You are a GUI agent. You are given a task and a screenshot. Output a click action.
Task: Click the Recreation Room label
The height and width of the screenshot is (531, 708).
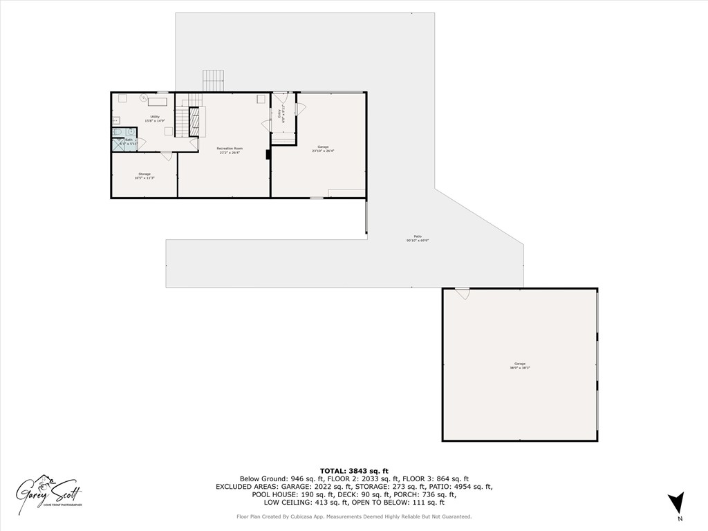point(229,149)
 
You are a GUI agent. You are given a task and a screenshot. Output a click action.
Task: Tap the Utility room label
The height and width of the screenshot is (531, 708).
point(155,118)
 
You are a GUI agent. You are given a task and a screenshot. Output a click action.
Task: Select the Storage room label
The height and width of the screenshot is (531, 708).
point(144,174)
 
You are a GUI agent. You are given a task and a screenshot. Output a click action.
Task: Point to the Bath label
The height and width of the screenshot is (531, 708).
point(129,140)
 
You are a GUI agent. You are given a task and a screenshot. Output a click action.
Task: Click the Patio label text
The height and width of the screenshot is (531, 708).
point(417,237)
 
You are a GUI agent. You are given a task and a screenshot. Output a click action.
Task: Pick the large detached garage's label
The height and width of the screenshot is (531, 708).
point(519,364)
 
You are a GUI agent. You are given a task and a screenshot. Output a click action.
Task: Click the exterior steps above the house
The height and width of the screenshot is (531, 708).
point(214,80)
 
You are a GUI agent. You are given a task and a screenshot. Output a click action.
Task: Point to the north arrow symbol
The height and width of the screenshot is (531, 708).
point(676,503)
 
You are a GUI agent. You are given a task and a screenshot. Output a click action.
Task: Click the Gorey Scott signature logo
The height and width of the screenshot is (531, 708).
point(50,492)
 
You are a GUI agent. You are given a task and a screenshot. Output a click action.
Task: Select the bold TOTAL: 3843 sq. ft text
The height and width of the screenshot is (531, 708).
point(354,470)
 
